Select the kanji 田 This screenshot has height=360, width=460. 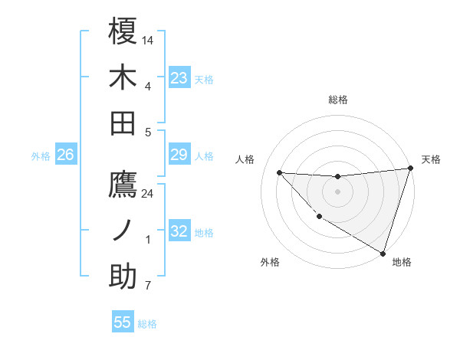point(123,123)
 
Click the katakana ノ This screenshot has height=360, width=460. point(123,231)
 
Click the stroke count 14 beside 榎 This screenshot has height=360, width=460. point(148,39)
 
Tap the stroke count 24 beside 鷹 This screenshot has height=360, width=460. point(148,193)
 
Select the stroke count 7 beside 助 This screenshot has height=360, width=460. point(148,286)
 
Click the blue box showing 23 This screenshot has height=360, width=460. point(179,78)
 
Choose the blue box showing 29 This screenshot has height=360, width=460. point(179,155)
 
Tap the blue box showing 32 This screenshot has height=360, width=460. point(179,232)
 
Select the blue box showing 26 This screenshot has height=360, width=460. point(66,155)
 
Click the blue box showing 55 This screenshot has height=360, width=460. point(123,322)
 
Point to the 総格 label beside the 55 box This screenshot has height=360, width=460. point(148,324)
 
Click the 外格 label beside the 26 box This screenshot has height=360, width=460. point(41,156)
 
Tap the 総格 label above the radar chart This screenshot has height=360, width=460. point(338,100)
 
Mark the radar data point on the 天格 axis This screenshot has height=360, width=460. point(410,169)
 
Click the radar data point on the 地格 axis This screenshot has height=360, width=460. point(383,252)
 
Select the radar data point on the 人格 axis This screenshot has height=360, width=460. point(279,172)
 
